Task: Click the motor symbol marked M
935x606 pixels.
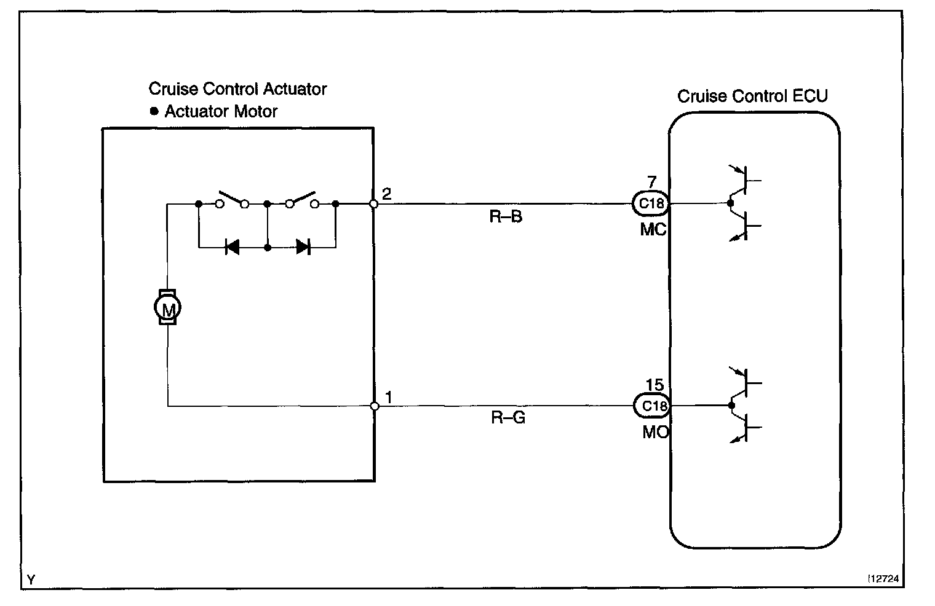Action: [167, 307]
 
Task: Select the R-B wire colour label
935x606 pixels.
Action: [506, 217]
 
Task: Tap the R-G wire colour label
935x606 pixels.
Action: [508, 419]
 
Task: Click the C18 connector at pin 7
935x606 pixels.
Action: [651, 203]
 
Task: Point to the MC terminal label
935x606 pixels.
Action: [653, 230]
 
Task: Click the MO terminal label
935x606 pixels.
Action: [655, 432]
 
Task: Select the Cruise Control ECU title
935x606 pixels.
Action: [752, 96]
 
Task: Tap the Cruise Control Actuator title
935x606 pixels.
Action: [237, 89]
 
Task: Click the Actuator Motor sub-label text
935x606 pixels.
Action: [221, 112]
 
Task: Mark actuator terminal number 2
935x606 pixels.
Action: [386, 194]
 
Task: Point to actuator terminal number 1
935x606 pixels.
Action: [388, 397]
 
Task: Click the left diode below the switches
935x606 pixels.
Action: [233, 247]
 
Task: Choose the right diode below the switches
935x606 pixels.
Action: [302, 247]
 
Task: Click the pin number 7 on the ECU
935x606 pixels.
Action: [651, 182]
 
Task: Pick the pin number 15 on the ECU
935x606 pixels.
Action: [654, 385]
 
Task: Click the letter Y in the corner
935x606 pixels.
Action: [31, 579]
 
